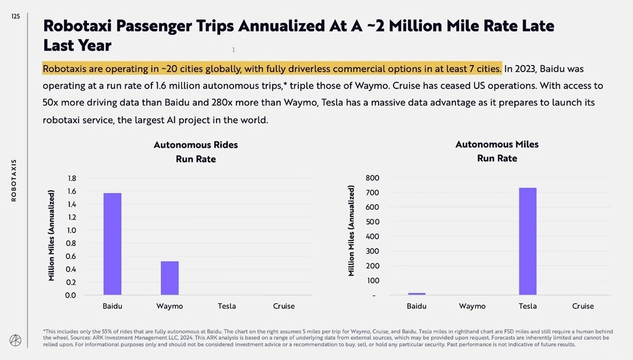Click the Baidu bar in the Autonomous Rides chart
pyautogui.click(x=112, y=244)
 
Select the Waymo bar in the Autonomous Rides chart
pyautogui.click(x=170, y=278)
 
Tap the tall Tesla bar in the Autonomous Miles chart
pyautogui.click(x=528, y=241)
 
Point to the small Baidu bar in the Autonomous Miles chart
pyautogui.click(x=417, y=294)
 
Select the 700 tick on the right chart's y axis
pyautogui.click(x=372, y=193)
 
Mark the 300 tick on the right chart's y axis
pyautogui.click(x=372, y=251)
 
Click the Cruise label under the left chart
pyautogui.click(x=284, y=306)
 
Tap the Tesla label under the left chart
pyautogui.click(x=227, y=306)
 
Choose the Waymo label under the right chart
pyautogui.click(x=472, y=306)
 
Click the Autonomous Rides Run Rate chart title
pyautogui.click(x=196, y=152)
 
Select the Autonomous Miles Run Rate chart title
pyautogui.click(x=497, y=151)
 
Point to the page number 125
pyautogui.click(x=16, y=17)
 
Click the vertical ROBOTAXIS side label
pyautogui.click(x=14, y=180)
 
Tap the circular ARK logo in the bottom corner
pyautogui.click(x=16, y=340)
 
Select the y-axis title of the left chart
pyautogui.click(x=52, y=236)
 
